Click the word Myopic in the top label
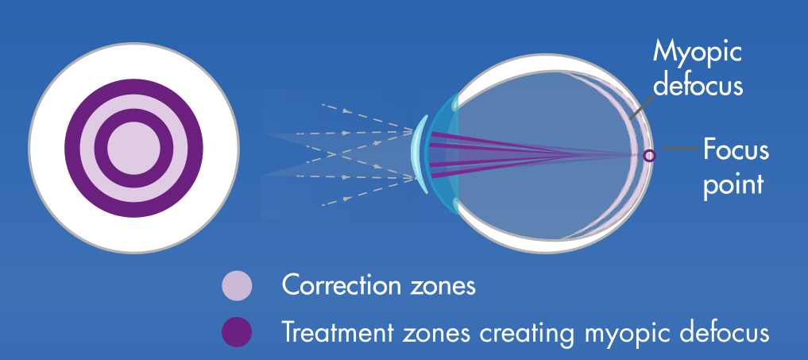point(698,53)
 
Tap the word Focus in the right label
point(736,150)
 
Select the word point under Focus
point(733,184)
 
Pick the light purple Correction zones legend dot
point(237,286)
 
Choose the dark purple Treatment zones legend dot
point(237,332)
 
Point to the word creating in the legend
point(525,334)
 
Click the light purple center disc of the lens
point(133,148)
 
